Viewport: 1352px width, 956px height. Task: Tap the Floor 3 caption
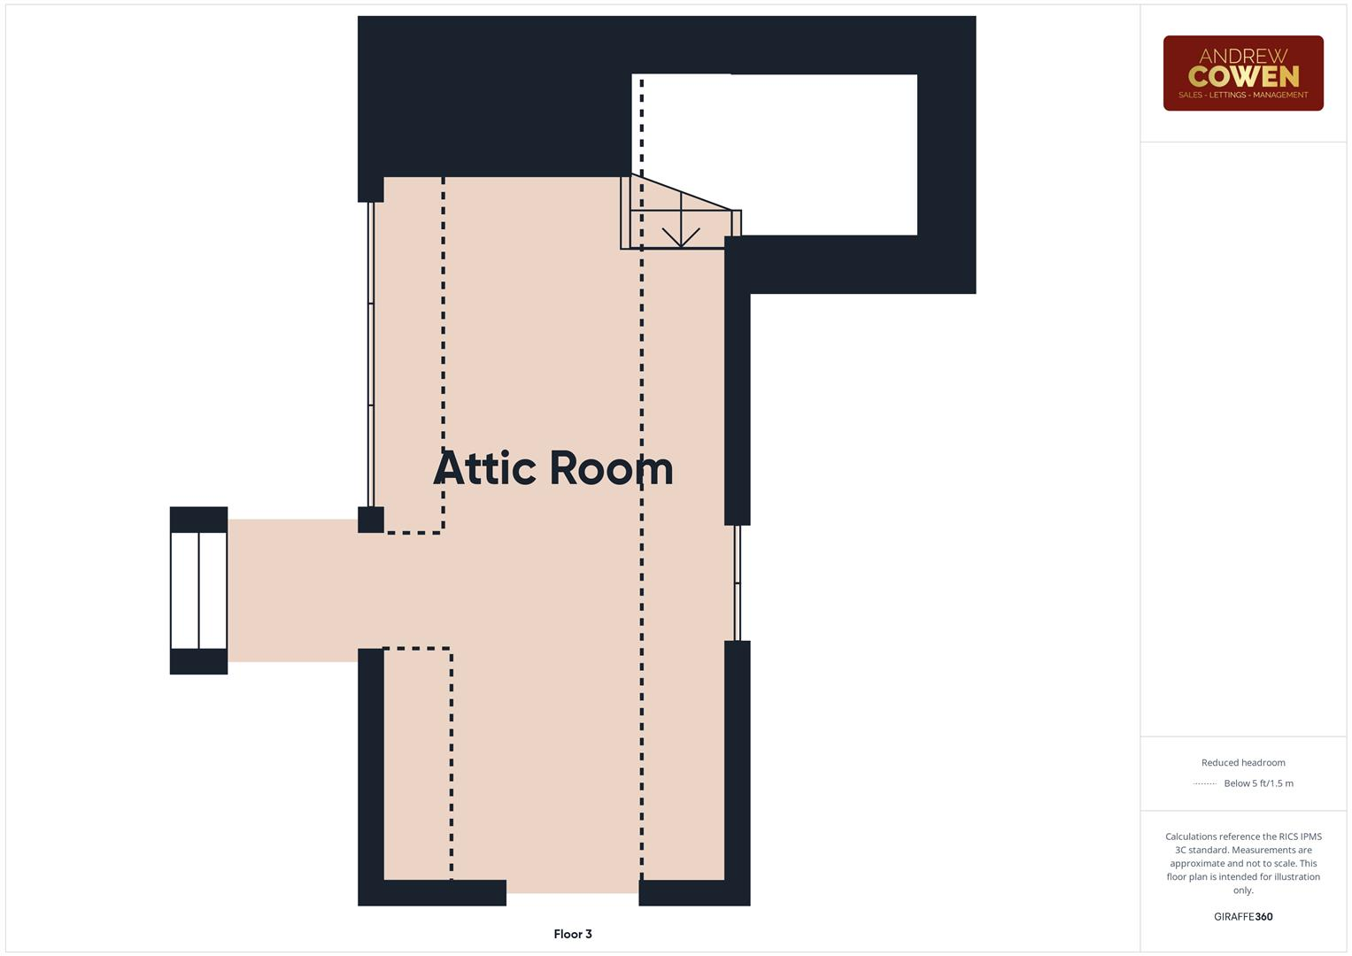(x=572, y=934)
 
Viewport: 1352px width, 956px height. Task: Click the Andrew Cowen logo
(x=1242, y=73)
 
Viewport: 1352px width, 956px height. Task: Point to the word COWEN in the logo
(x=1243, y=77)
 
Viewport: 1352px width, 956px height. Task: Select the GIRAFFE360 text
(x=1242, y=916)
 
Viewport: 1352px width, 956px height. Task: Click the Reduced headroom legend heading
(x=1242, y=762)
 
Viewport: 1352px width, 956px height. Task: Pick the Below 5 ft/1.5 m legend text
(x=1257, y=783)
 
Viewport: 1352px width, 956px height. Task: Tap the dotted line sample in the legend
(x=1204, y=783)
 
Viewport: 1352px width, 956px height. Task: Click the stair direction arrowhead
(x=680, y=238)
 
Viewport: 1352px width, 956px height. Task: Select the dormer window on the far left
(x=198, y=590)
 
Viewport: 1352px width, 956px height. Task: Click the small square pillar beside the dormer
(x=370, y=520)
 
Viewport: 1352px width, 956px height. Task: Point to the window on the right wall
(x=737, y=582)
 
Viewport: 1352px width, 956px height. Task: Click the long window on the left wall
(x=371, y=354)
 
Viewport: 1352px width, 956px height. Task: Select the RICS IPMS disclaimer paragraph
(x=1242, y=863)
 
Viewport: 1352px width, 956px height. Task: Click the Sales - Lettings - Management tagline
(x=1242, y=95)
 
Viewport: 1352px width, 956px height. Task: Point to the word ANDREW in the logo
(x=1243, y=56)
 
